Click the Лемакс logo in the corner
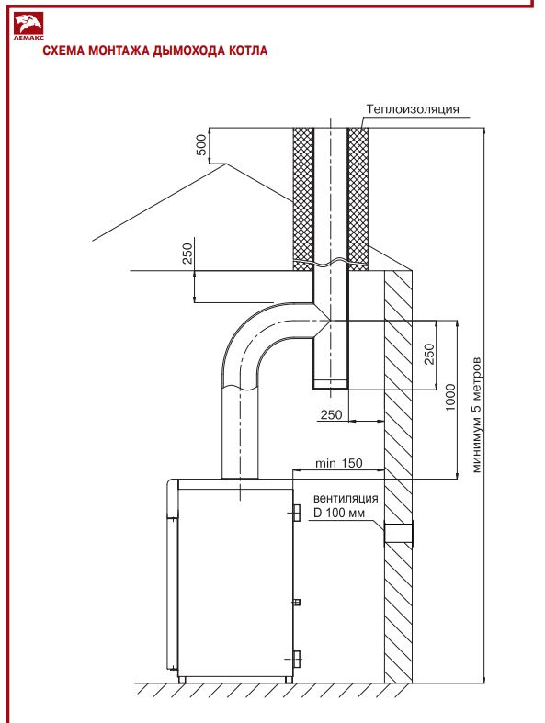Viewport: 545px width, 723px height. click(x=28, y=27)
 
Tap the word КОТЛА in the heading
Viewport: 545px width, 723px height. click(x=248, y=51)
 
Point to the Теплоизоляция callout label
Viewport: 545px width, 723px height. click(x=413, y=109)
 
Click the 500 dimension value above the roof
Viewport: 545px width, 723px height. click(x=201, y=145)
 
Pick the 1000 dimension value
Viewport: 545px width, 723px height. click(x=450, y=398)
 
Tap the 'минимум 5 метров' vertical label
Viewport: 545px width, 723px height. click(x=476, y=414)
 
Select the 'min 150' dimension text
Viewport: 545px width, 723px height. click(x=339, y=463)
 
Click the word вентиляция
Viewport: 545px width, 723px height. click(x=346, y=499)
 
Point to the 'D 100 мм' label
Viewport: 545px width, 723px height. click(x=339, y=513)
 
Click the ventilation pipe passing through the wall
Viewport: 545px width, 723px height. click(x=398, y=534)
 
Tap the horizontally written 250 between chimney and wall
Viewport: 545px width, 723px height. click(x=332, y=414)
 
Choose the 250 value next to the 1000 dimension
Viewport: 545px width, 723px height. click(x=429, y=354)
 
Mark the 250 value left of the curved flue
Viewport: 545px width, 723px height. click(x=187, y=254)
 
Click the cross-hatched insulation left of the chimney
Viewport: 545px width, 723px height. click(x=303, y=198)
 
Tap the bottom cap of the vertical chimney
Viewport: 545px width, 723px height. click(x=331, y=384)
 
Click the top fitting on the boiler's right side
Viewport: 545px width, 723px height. click(x=297, y=513)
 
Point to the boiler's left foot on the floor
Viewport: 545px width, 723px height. click(x=182, y=680)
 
